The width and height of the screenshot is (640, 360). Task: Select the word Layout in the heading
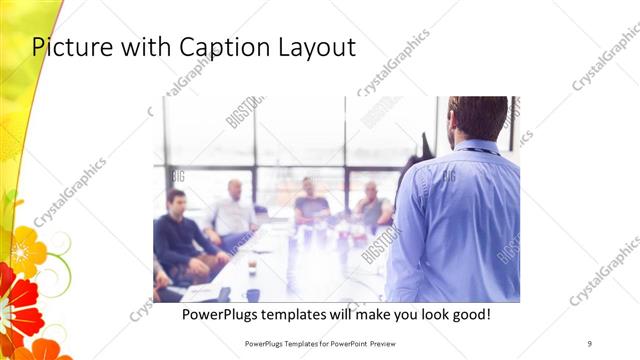[316, 47]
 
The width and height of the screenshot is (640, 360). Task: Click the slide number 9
[589, 343]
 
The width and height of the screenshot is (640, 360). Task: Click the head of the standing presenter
[477, 117]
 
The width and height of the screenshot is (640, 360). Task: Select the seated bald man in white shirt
[234, 210]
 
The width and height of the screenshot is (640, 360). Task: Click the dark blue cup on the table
[253, 294]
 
